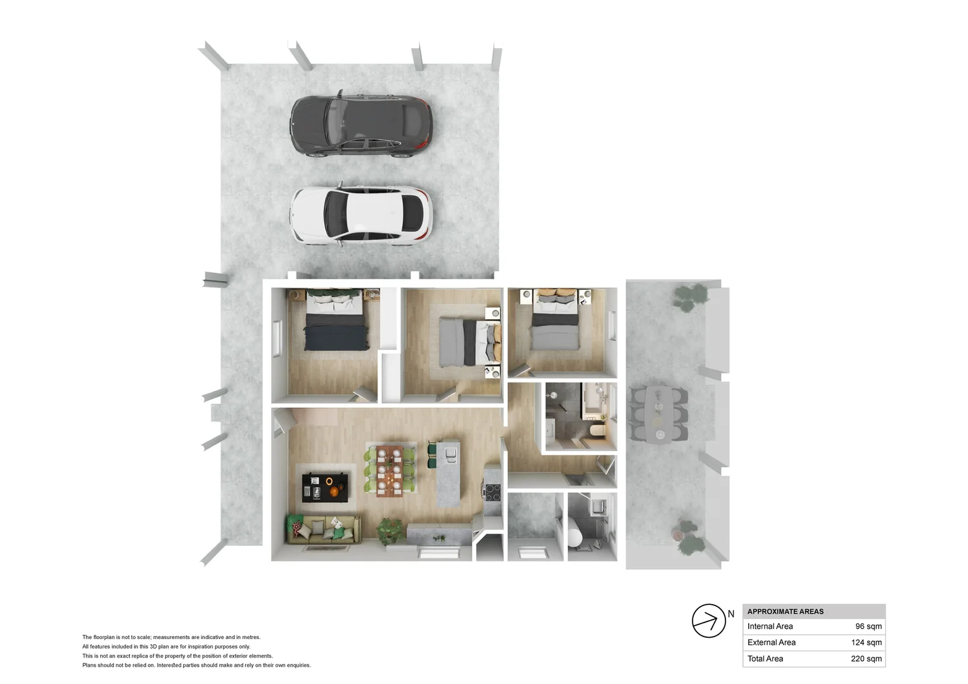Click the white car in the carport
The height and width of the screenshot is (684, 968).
[361, 215]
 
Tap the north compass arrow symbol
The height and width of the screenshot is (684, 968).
[708, 621]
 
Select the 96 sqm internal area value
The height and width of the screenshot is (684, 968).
[868, 626]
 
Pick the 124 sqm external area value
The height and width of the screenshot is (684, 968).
[866, 642]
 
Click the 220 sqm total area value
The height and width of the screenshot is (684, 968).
[866, 659]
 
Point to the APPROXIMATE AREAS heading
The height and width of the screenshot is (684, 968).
[785, 611]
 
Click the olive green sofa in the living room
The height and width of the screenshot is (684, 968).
[324, 529]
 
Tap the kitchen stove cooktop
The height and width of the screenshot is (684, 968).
[492, 492]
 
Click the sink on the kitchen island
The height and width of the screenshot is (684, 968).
[450, 453]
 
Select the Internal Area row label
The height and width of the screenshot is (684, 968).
[770, 626]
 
